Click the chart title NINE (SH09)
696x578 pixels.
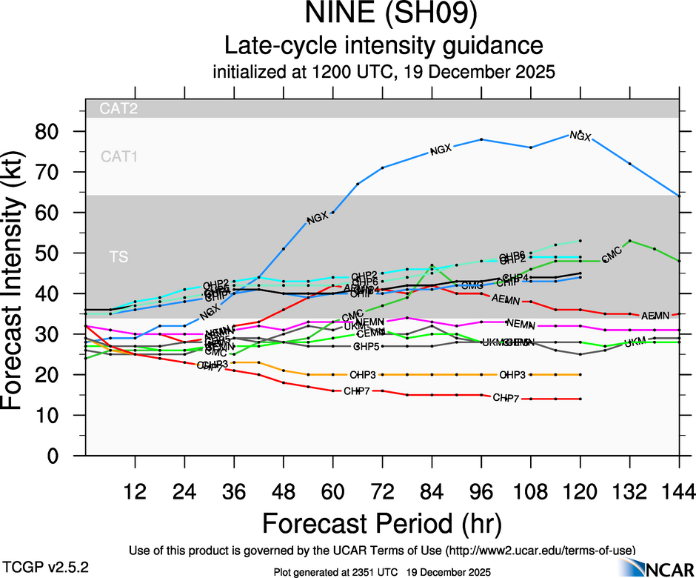384,15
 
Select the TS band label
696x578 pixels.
118,257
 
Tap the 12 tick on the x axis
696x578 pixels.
135,492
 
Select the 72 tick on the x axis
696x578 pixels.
382,492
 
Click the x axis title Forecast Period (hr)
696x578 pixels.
383,523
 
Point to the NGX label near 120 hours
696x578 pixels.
580,135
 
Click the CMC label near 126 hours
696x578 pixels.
612,257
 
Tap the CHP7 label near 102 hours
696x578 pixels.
506,398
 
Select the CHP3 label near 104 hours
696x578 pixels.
512,375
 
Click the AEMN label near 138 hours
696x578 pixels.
655,316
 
